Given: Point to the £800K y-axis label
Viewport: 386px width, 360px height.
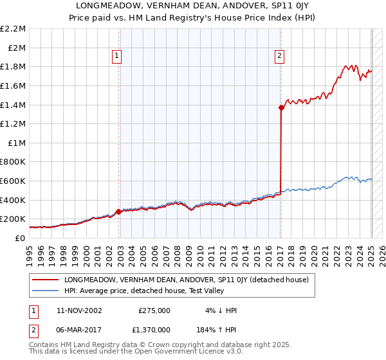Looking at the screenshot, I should tap(13, 162).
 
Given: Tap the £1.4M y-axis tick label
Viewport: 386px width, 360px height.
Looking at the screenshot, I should tap(13, 105).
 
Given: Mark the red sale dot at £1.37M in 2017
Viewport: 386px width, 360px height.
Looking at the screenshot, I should tap(282, 107).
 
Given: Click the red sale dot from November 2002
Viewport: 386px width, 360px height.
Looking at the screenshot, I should tap(119, 212).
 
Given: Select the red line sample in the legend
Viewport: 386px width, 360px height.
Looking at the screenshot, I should tap(45, 280).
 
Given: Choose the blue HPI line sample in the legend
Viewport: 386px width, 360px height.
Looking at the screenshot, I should tap(45, 291).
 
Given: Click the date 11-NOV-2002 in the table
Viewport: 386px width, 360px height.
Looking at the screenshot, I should tap(80, 310).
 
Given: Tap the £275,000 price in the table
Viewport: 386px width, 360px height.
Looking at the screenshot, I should tap(154, 310).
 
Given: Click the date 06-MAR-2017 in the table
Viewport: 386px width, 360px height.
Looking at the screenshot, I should tap(80, 330).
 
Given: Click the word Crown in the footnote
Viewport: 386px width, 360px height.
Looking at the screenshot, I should tap(153, 345).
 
